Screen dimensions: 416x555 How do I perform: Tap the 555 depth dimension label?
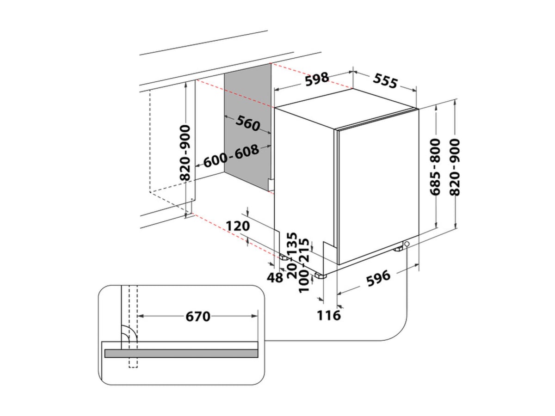coord(385,81)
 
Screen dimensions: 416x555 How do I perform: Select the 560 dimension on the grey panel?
coord(248,123)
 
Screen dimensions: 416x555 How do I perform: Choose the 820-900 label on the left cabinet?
coord(185,153)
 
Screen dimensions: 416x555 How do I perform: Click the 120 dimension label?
coord(238,226)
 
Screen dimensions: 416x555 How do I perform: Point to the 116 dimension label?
coord(329,316)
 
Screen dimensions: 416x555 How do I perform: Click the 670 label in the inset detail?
coord(198,317)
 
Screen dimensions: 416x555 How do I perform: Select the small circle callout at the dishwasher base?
coord(407,244)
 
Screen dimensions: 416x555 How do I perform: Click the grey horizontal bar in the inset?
coord(181,354)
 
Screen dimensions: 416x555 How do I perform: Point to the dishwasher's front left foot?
coord(319,276)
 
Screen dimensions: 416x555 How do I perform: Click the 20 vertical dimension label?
coord(291,269)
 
